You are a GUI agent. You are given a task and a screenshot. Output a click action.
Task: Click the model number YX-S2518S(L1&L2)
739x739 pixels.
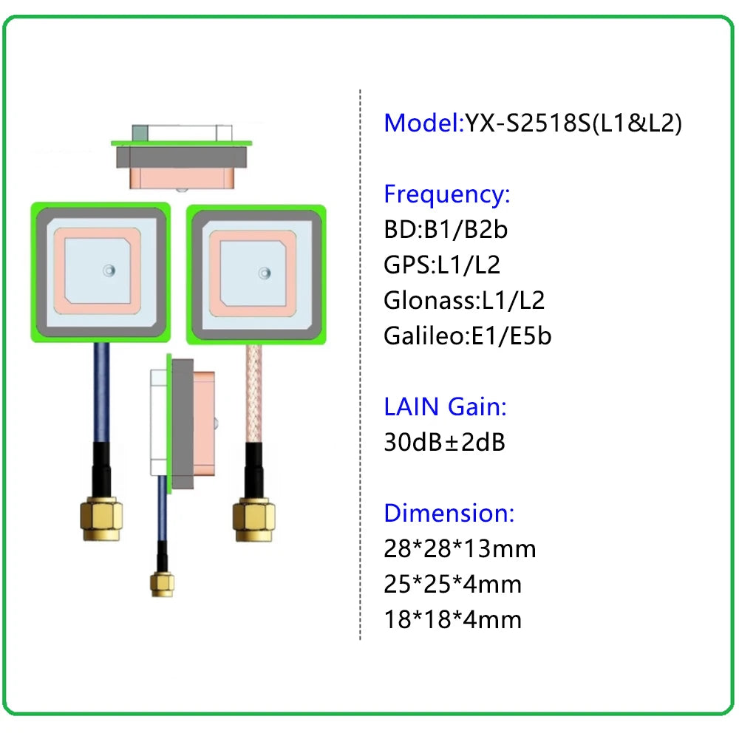pos(573,123)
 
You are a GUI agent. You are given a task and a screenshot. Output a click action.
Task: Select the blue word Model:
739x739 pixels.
pos(423,123)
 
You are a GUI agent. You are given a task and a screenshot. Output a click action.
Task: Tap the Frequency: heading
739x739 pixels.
pos(446,195)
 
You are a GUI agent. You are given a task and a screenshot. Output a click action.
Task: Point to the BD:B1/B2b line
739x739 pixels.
pos(446,230)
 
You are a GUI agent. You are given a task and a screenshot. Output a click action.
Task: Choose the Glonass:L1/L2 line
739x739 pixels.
pos(464,300)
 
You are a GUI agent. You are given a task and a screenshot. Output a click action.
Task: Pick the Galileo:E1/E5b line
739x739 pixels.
pos(467,336)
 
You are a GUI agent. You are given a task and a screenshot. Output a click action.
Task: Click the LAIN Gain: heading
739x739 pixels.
pos(445,406)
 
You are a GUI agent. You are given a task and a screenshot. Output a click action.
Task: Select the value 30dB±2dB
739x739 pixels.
pos(444,442)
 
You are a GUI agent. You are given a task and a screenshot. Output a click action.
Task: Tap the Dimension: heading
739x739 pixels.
pos(449,513)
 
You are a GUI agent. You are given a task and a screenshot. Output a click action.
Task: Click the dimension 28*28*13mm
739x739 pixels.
pos(460,548)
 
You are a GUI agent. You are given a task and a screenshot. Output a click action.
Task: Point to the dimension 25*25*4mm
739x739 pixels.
pos(452,584)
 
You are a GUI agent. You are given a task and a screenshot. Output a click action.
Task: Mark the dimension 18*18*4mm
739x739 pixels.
pos(452,619)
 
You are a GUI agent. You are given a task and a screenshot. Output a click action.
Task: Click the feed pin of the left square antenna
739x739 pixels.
pos(109,270)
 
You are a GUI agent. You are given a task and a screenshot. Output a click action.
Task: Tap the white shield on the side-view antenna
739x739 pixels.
pos(158,421)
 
